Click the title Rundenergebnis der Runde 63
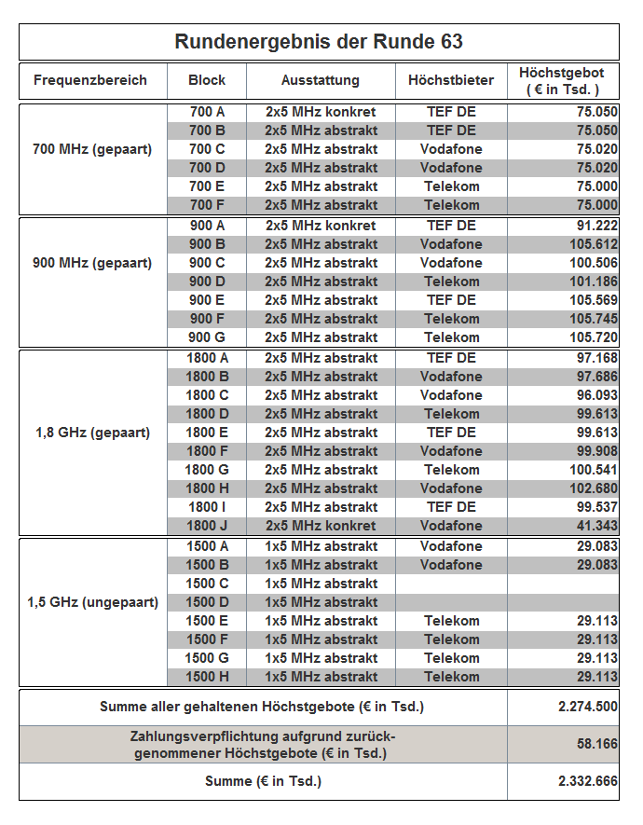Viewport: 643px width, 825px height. [x=319, y=42]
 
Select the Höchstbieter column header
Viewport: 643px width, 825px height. [x=451, y=80]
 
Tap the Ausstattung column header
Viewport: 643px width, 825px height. [x=320, y=80]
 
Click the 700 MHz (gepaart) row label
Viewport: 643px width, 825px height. [x=92, y=149]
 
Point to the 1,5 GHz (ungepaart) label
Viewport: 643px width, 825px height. [x=92, y=602]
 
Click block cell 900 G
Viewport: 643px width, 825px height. [x=207, y=337]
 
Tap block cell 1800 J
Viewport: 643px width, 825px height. [x=207, y=526]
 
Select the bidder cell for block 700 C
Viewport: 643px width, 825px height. [x=451, y=149]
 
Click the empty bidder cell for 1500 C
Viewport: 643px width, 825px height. [x=451, y=584]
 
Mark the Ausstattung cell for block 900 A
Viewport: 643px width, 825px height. [x=321, y=226]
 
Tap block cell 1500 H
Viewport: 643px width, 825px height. [x=207, y=677]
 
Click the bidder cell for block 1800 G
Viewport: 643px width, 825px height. [x=451, y=470]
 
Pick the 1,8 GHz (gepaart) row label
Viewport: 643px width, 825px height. [x=92, y=433]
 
